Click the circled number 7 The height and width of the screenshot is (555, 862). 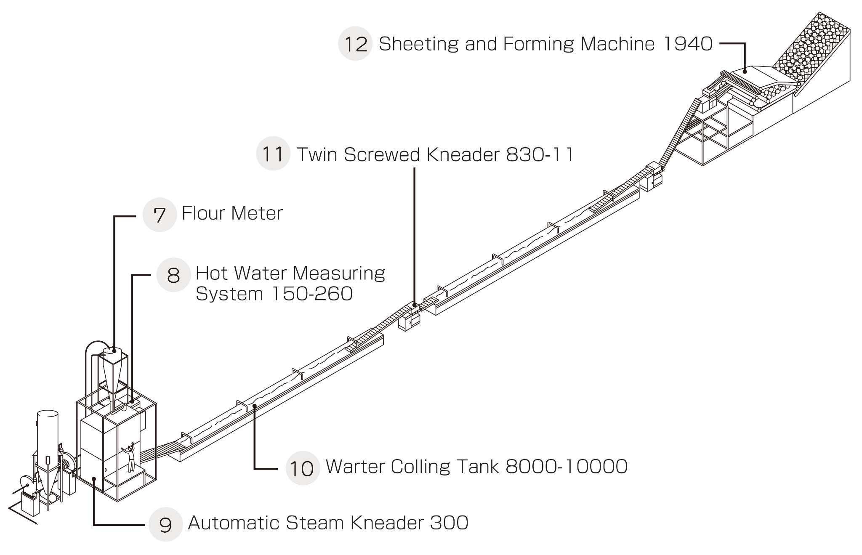click(160, 215)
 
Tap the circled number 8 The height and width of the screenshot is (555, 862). click(173, 275)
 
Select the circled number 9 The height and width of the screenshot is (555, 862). click(166, 524)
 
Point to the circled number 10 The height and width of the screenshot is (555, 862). click(303, 468)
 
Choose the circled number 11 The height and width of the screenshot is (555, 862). click(273, 154)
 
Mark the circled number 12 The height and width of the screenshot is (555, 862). click(355, 44)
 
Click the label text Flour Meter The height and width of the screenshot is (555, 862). click(232, 213)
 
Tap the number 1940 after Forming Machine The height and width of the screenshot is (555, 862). click(687, 43)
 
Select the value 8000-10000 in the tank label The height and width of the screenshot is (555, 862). click(566, 466)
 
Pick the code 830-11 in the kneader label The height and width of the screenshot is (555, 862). click(540, 154)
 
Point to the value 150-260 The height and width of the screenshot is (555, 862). click(311, 293)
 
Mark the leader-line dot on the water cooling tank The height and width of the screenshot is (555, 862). click(255, 406)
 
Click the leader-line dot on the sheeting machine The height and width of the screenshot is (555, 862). click(745, 71)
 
